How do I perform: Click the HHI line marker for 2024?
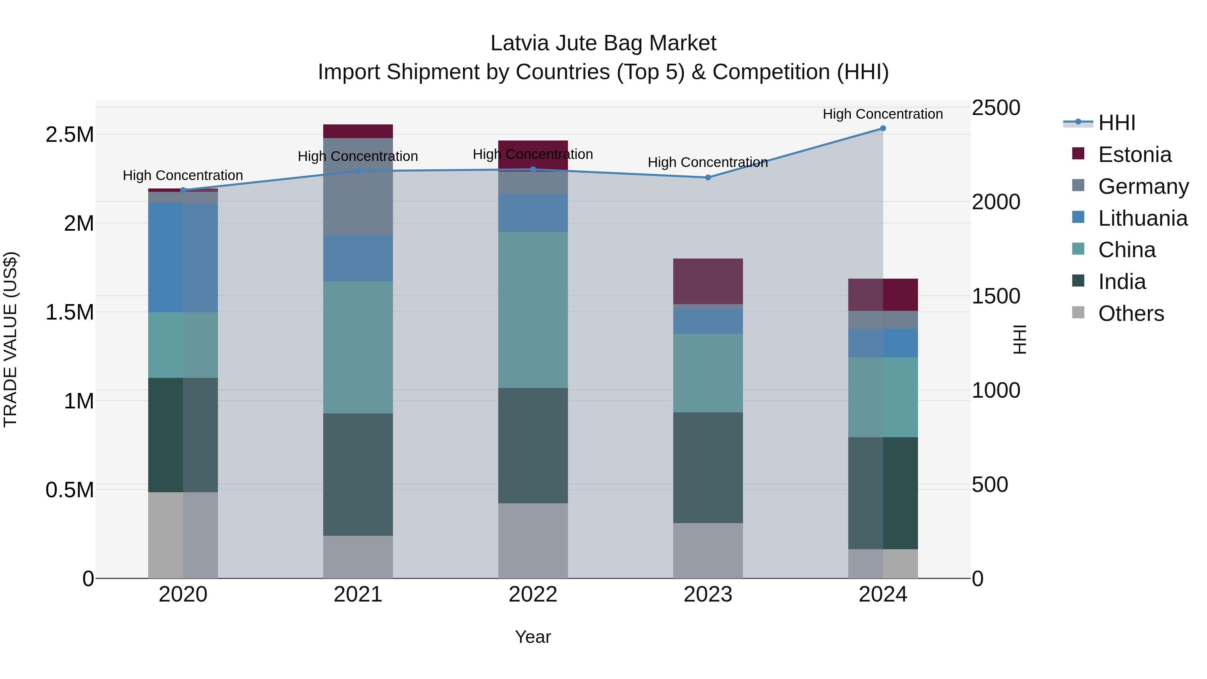click(x=883, y=128)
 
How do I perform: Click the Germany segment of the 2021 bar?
click(x=358, y=186)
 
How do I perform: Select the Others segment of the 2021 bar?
click(x=358, y=557)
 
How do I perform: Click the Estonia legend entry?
click(x=1134, y=155)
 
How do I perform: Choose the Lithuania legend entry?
click(x=1142, y=218)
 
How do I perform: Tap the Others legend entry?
click(x=1130, y=314)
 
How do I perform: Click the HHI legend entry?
click(x=1116, y=123)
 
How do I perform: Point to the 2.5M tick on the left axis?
click(x=69, y=134)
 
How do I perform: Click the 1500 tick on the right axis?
click(x=996, y=296)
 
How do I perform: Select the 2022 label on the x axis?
click(x=533, y=595)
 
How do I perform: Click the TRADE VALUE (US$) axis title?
click(x=10, y=339)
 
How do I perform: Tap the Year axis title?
click(x=533, y=637)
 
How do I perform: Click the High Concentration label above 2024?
click(x=883, y=114)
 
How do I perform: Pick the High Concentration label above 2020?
click(x=183, y=175)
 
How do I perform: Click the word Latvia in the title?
click(x=519, y=43)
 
